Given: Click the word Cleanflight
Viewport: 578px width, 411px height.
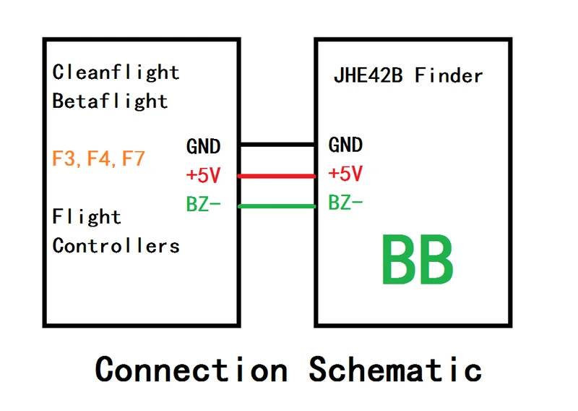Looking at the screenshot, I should [116, 72].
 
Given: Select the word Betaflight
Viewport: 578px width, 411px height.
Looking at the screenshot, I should [110, 101].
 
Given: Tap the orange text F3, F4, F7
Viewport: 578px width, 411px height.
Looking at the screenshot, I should [99, 158].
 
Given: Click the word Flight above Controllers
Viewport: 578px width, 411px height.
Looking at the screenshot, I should [87, 216].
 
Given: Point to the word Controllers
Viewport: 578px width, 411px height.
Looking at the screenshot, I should [116, 245].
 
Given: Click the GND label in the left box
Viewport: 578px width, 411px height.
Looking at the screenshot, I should [203, 146].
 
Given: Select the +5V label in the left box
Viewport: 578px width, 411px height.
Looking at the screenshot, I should [203, 176].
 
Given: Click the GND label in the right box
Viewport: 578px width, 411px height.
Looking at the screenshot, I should [345, 145].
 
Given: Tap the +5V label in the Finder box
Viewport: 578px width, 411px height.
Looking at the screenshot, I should [345, 174].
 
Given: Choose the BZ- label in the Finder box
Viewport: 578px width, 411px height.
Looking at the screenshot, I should [345, 203].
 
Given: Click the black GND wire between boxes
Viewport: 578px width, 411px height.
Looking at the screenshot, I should [277, 145].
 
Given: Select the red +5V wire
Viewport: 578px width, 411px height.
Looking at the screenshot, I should [277, 176].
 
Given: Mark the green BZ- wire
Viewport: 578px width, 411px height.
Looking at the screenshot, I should [277, 207].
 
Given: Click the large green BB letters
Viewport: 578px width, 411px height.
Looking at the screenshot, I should [417, 259].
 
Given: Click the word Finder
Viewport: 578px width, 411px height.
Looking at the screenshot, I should [449, 75].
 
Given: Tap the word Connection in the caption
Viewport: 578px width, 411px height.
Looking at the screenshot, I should [191, 369].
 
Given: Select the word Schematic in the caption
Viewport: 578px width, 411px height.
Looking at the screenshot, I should [396, 369].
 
